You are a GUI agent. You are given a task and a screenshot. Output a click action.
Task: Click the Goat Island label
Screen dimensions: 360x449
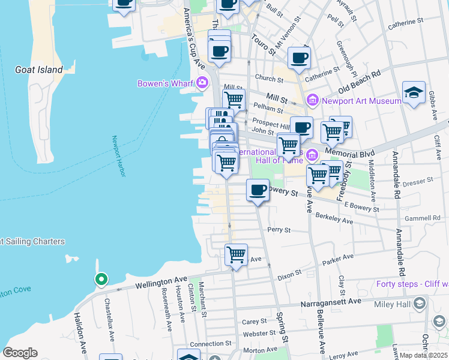tap(39, 70)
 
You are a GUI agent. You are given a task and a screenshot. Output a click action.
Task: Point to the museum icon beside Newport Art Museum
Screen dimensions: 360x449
tap(312, 100)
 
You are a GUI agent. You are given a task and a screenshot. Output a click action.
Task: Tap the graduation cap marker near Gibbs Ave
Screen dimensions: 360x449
tap(414, 92)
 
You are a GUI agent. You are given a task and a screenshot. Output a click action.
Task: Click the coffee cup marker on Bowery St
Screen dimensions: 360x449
tap(258, 190)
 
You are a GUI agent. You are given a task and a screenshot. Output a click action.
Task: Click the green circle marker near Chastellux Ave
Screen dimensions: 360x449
tap(101, 279)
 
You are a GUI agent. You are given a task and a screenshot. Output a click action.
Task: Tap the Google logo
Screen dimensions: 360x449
tap(20, 353)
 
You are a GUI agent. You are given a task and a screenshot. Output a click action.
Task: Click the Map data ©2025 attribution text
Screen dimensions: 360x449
tap(424, 355)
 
